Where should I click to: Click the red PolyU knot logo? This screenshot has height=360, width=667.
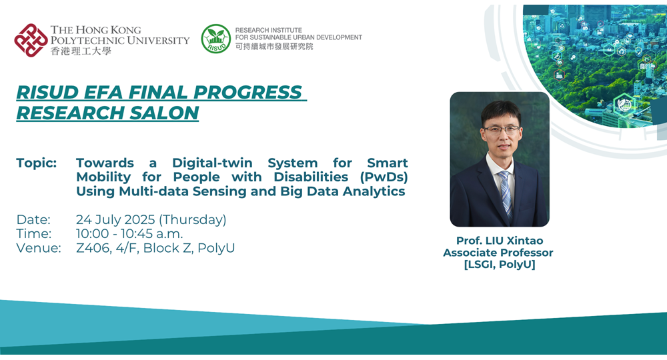[x=31, y=40]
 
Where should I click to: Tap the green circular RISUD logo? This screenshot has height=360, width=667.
[x=215, y=39]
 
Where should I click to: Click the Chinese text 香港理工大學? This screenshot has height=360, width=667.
[x=81, y=51]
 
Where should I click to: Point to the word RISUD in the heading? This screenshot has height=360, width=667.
[x=47, y=92]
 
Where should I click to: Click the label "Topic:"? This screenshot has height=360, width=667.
[x=36, y=163]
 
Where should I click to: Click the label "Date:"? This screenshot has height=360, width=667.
[x=33, y=220]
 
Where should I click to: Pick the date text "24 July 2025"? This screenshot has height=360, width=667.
[x=115, y=220]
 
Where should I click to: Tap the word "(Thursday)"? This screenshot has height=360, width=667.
[x=193, y=220]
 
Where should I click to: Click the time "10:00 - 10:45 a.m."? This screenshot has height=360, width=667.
[x=129, y=234]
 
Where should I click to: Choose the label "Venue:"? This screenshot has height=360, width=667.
[x=39, y=248]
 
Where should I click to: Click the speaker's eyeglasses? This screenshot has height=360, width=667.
[x=501, y=129]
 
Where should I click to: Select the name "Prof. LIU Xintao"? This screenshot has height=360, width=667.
[x=498, y=240]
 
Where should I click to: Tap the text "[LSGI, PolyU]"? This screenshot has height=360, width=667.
[x=498, y=265]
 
